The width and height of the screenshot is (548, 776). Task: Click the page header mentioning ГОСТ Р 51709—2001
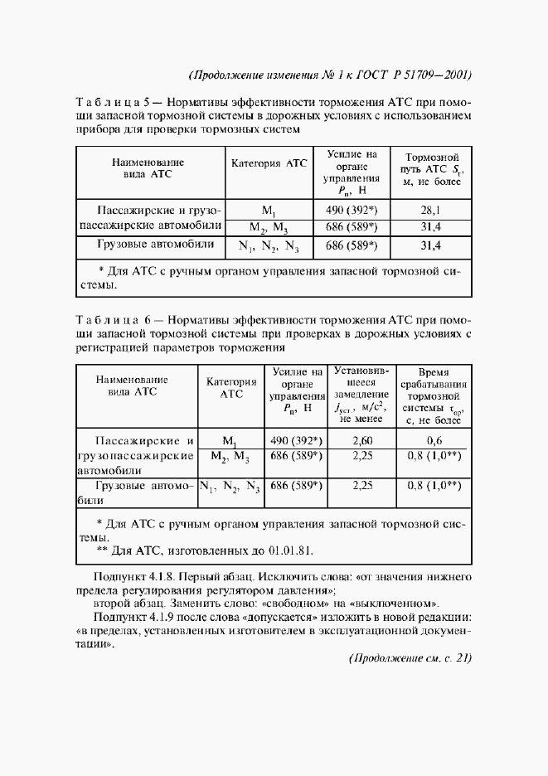pos(330,74)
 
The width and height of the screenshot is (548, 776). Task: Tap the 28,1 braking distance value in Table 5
pos(430,210)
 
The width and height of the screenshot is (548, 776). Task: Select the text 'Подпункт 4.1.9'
pos(133,618)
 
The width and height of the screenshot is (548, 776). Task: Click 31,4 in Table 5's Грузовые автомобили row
pos(430,245)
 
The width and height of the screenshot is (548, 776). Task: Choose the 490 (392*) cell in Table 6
pos(295,440)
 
